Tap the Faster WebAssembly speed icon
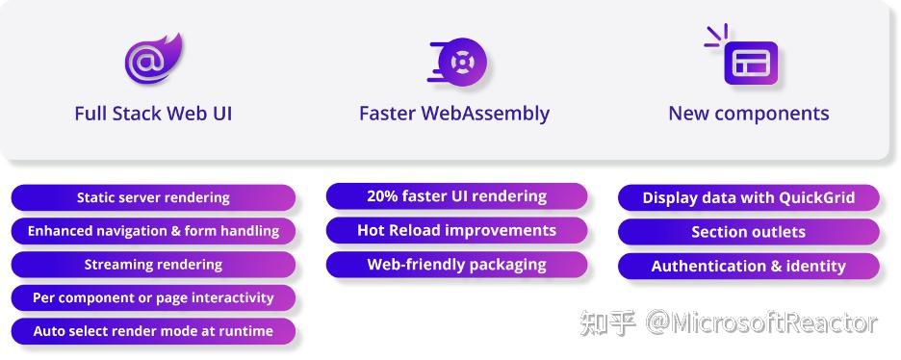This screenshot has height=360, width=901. coord(459,64)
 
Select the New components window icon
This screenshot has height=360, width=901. coord(745,59)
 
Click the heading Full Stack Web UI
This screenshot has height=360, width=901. coord(153,114)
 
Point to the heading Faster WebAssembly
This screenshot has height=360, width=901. coord(454,114)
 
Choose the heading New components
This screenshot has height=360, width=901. coord(748,114)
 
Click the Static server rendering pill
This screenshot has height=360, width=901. coord(153,197)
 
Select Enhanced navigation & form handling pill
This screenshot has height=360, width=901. coord(153,231)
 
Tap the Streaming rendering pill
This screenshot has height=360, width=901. coord(153,264)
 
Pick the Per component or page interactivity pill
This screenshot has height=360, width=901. coord(153,297)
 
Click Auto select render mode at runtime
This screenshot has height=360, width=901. coord(153,331)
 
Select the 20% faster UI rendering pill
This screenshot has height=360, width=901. coord(456,196)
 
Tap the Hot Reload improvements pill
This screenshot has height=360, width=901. coord(456,230)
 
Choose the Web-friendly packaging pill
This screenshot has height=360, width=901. coord(456,264)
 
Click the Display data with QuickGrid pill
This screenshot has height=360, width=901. coord(748,198)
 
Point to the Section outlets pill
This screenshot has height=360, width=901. coord(748,232)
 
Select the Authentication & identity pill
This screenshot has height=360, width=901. coord(748,266)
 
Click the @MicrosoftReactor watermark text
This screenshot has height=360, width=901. coord(761,323)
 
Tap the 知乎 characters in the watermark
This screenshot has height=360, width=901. coord(607,323)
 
